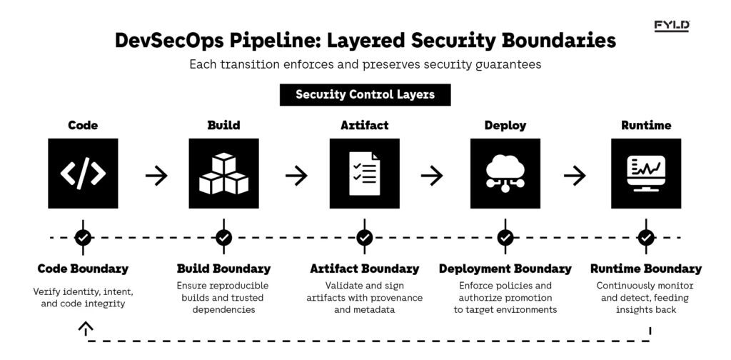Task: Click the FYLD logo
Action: point(672,26)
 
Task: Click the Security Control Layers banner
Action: point(365,94)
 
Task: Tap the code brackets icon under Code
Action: point(83,174)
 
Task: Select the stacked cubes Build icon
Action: point(223,174)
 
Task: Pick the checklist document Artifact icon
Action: point(364,174)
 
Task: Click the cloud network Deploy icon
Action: point(505,174)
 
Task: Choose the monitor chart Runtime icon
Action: point(645,174)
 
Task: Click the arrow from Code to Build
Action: point(156,175)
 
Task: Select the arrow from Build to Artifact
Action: point(296,175)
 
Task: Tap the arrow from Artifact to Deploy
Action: point(432,175)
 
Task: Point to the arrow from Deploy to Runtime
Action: point(575,175)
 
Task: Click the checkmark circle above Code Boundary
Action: point(83,237)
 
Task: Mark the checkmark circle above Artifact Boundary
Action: point(364,237)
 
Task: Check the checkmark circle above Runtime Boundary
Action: point(645,237)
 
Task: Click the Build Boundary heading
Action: point(223,269)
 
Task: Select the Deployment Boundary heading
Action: point(505,269)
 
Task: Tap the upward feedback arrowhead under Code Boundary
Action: point(85,328)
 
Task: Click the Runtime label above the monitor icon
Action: point(645,125)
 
